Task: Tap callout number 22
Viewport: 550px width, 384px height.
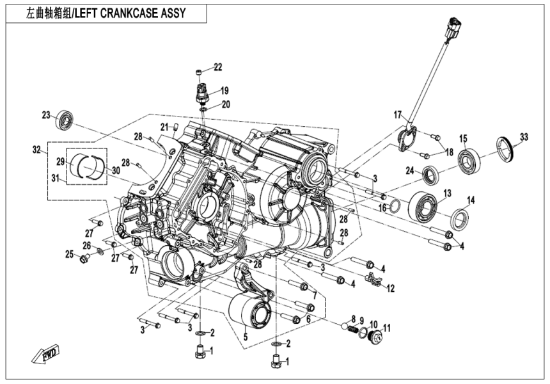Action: coord(217,67)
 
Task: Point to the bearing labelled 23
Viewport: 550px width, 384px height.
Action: coord(65,119)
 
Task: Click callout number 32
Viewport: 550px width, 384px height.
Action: coord(36,150)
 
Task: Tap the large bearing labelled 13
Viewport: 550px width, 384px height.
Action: coord(423,205)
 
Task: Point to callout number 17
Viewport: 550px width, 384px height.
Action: coord(397,116)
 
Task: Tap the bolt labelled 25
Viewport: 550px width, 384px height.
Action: coord(83,259)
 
